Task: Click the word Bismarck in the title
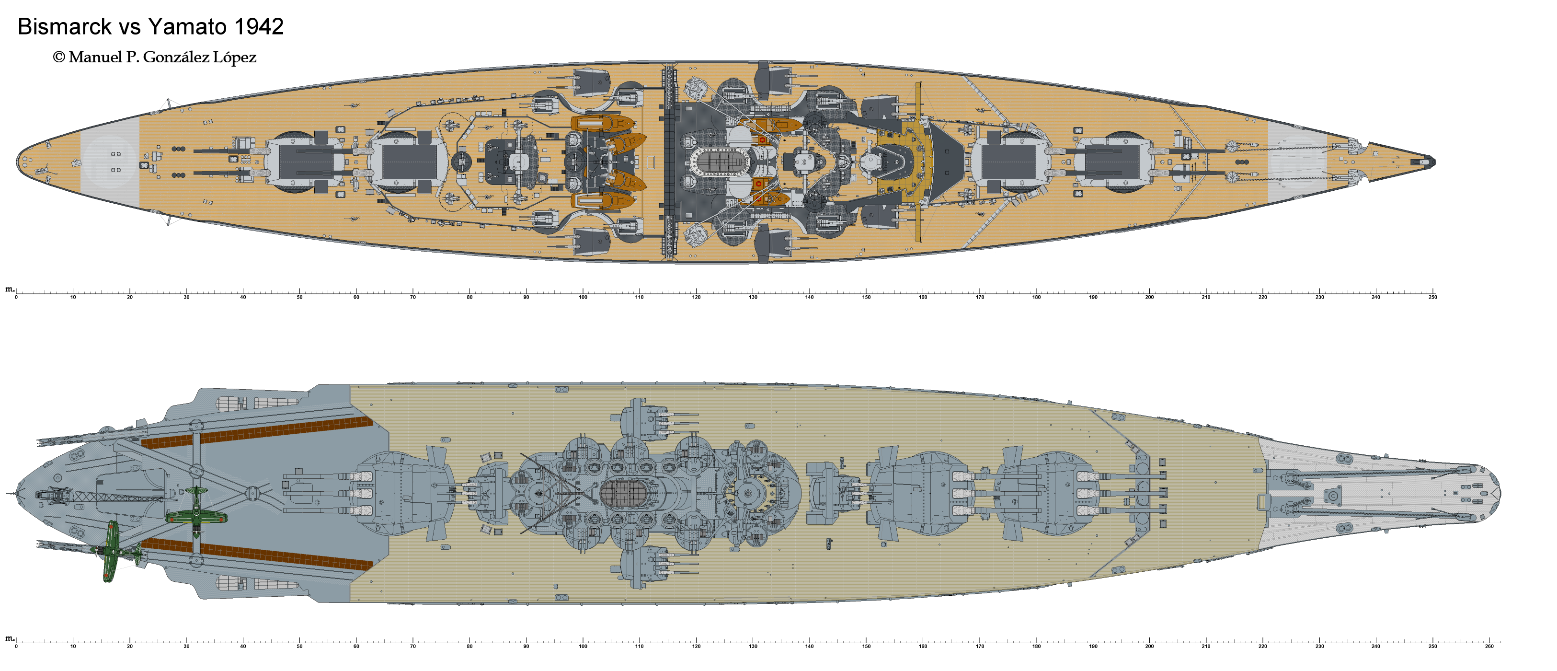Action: coord(65,26)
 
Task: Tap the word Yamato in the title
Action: coord(187,26)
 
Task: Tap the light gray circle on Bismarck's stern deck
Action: coord(110,162)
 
